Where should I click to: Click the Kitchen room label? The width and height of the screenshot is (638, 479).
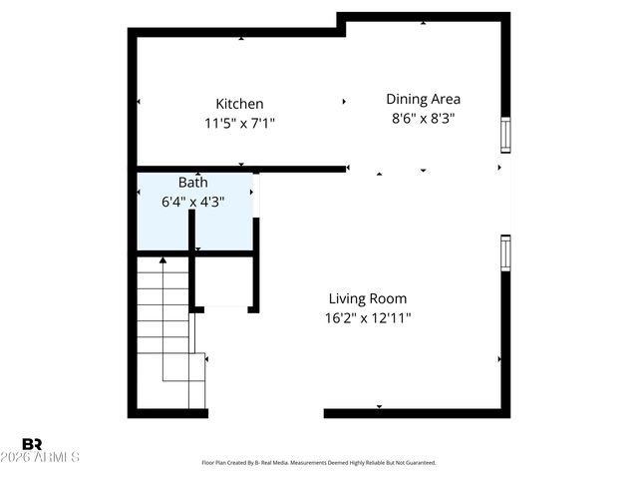[x=239, y=104]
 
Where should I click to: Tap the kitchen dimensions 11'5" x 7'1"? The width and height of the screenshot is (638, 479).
[x=239, y=124]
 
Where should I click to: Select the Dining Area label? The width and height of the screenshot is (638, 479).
[x=423, y=99]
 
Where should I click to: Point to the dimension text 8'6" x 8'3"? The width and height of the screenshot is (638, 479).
[x=423, y=118]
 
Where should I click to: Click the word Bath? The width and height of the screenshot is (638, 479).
[x=193, y=183]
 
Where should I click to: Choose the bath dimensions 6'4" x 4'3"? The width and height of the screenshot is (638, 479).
[x=193, y=202]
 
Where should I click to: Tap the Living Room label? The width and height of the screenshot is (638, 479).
[x=368, y=298]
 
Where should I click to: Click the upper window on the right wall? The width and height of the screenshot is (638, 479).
[x=505, y=135]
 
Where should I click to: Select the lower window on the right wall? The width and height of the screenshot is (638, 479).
[x=505, y=252]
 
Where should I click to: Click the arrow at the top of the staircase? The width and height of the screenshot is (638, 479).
[x=162, y=259]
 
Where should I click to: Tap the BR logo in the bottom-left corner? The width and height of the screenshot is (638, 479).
[x=32, y=444]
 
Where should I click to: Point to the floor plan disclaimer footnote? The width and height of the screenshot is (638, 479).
[x=319, y=463]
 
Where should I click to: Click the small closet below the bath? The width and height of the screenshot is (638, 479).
[x=224, y=282]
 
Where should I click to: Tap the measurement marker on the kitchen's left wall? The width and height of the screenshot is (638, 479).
[x=139, y=102]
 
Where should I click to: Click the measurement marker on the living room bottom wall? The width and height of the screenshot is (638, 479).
[x=379, y=406]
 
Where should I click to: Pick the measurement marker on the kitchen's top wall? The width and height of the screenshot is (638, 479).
[x=241, y=39]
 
